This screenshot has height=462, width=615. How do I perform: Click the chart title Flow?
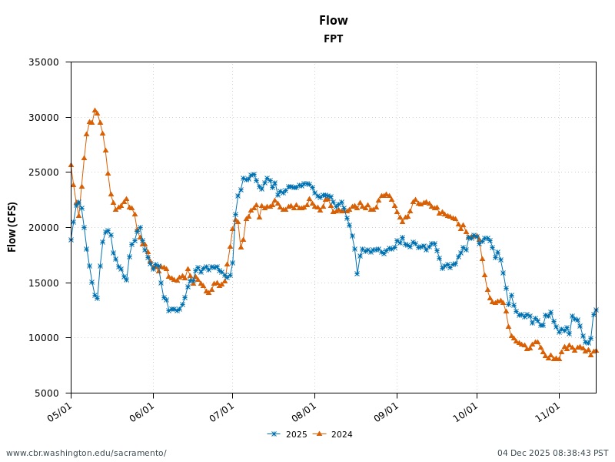pos(333,21)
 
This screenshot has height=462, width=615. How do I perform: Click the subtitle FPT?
pos(333,39)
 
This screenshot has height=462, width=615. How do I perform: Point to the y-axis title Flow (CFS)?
pos(12,227)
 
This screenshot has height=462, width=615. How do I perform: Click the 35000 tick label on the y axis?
pos(43,62)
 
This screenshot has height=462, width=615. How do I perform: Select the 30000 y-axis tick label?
pos(43,118)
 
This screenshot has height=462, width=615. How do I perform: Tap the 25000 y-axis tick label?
pos(43,172)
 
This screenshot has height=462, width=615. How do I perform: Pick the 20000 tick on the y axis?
pos(43,228)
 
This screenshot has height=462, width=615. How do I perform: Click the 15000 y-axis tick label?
pos(43,283)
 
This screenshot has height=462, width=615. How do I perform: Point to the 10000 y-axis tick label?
pos(43,338)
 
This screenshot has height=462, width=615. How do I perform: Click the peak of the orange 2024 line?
pos(95,111)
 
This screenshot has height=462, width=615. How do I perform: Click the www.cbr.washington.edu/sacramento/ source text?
pos(86,453)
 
